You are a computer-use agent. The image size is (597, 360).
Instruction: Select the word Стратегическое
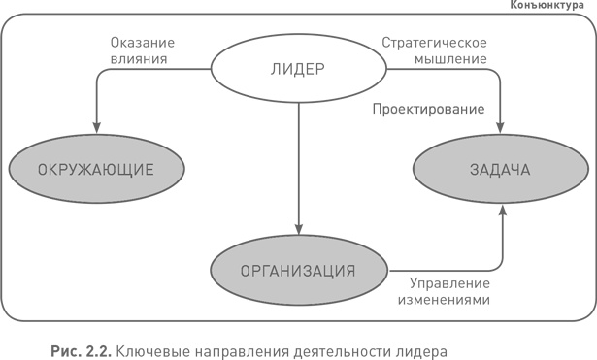point(434,42)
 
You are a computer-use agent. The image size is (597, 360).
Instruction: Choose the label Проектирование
point(428,109)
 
